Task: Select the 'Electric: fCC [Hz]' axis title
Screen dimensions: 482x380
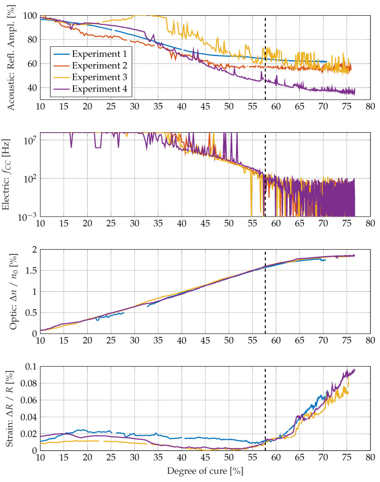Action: [x=11, y=174]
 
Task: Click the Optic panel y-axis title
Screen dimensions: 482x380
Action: [x=11, y=291]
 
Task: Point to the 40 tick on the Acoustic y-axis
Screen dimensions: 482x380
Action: [x=31, y=87]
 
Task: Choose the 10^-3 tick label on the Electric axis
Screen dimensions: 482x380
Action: [x=27, y=216]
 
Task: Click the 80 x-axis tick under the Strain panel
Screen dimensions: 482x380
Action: [x=370, y=458]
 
